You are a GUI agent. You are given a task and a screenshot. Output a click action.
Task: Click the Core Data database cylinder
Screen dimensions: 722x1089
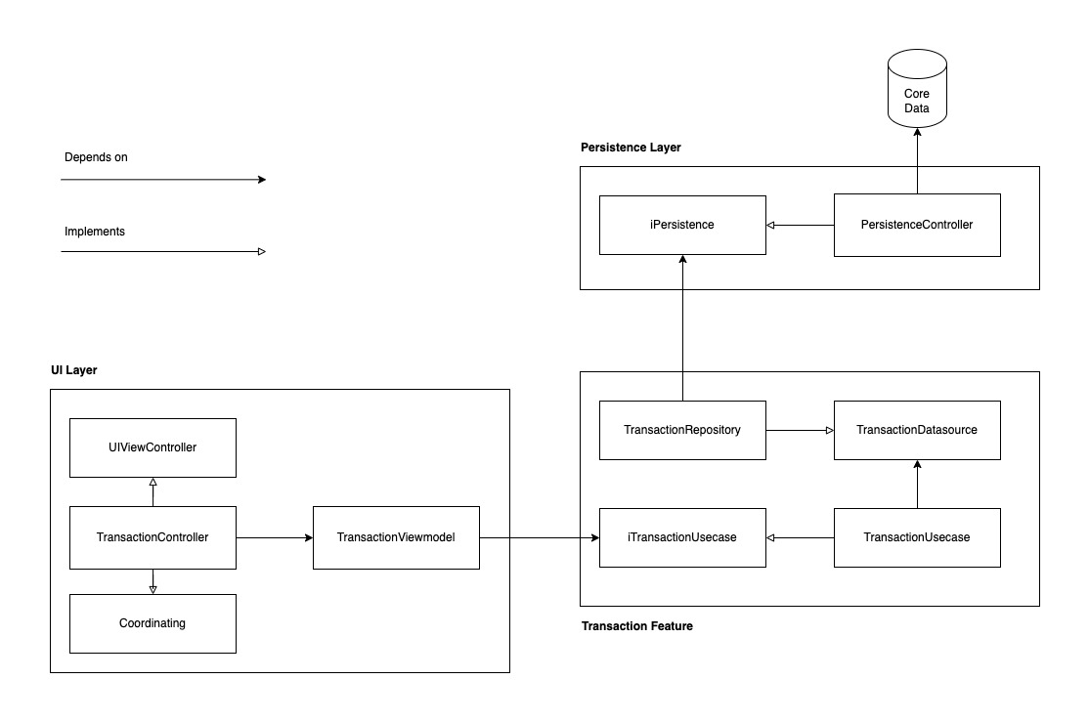click(x=916, y=92)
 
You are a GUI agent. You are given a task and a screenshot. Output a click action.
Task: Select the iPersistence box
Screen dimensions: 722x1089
click(x=682, y=225)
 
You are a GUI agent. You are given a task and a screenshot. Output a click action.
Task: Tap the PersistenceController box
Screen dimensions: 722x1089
click(x=917, y=225)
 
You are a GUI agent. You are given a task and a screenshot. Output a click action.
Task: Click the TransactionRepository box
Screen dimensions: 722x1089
click(x=682, y=430)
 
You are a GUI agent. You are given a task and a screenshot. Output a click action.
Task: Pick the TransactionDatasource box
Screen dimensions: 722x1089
click(x=917, y=430)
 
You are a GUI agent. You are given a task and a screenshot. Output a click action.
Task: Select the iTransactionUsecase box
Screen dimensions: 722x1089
click(x=682, y=537)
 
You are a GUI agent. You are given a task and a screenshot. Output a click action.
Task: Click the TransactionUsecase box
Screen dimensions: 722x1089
click(x=917, y=537)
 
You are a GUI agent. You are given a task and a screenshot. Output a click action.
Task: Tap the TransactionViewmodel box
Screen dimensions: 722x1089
click(x=396, y=537)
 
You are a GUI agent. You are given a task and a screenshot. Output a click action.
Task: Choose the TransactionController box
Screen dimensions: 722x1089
click(x=152, y=537)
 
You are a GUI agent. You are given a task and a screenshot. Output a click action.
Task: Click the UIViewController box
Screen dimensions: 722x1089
click(x=152, y=447)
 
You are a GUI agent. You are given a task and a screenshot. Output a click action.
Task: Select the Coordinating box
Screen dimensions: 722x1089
click(x=152, y=623)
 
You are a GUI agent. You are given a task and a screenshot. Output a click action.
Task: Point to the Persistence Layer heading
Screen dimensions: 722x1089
click(x=630, y=148)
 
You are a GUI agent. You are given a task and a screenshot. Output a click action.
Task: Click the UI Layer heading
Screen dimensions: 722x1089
click(x=74, y=371)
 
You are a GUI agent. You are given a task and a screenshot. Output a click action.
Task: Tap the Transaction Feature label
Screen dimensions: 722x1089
click(x=636, y=626)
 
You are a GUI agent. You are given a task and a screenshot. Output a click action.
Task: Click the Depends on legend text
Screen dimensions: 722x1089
click(x=96, y=157)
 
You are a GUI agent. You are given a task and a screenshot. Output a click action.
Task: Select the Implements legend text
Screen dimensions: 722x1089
click(x=95, y=233)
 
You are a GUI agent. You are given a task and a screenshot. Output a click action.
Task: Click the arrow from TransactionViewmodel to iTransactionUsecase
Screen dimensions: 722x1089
click(x=539, y=537)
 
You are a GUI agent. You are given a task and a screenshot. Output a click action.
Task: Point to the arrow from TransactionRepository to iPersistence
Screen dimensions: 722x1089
click(x=682, y=327)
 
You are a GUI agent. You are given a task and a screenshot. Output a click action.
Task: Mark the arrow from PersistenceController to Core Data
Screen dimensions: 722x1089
click(x=917, y=161)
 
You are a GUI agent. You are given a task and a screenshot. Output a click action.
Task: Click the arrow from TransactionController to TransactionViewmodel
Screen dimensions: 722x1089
click(x=274, y=537)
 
